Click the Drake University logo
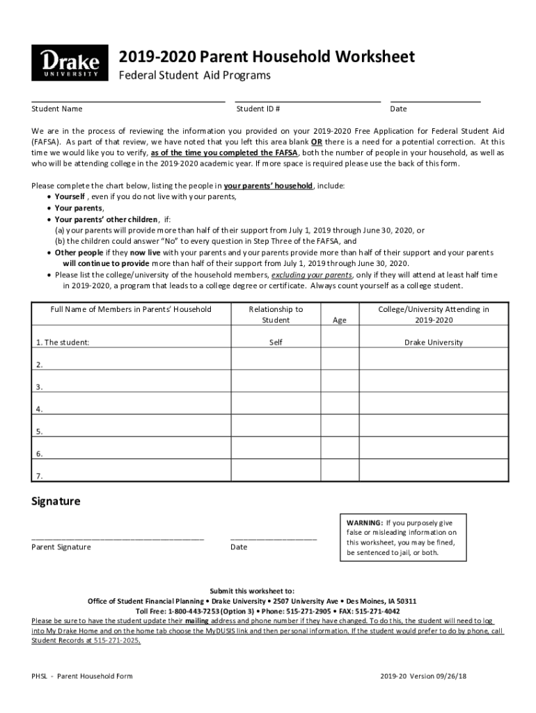[x=70, y=63]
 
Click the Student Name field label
[x=57, y=109]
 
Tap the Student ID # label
[x=258, y=109]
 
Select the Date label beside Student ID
[x=398, y=109]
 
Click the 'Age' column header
[x=340, y=320]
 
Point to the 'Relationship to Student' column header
[x=276, y=315]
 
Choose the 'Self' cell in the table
[x=276, y=343]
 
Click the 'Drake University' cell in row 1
[x=434, y=343]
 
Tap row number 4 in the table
[x=40, y=409]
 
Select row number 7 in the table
[x=40, y=476]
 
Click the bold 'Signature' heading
[x=56, y=501]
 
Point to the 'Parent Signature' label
[x=61, y=547]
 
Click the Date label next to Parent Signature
[x=239, y=547]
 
